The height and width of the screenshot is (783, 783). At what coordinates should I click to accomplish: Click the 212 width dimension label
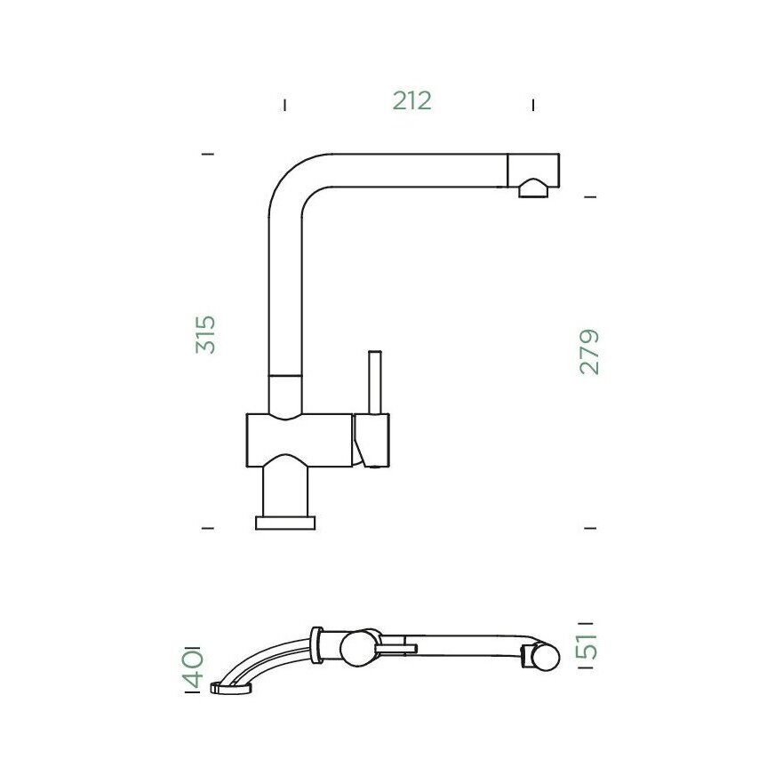[411, 100]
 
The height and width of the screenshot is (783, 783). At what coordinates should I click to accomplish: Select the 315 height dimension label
[205, 334]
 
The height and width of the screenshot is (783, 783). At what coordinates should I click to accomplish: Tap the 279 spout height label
[588, 352]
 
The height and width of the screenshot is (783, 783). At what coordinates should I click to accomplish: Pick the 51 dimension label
[587, 646]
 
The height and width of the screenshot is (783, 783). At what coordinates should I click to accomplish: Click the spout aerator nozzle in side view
[533, 188]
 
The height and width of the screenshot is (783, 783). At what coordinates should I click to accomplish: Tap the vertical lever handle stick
[375, 382]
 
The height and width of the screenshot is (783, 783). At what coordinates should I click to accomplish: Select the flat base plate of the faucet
[285, 523]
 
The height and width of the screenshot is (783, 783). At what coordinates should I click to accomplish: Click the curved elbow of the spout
[292, 182]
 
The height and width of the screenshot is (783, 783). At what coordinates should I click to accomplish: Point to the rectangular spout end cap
[533, 171]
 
